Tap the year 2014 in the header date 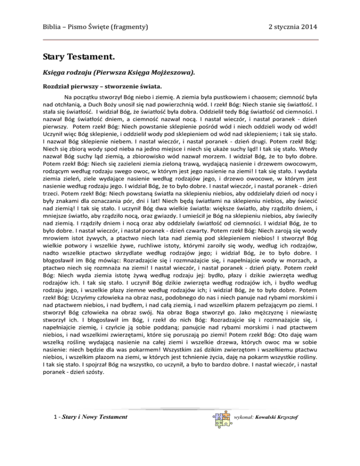pos(309,27)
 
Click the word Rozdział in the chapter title pos(57,87)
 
